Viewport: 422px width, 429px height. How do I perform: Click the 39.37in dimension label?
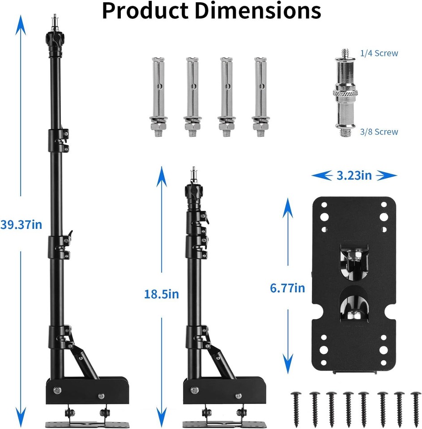point(21,225)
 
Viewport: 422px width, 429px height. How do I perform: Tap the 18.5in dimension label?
point(162,294)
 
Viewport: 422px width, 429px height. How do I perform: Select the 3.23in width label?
point(354,175)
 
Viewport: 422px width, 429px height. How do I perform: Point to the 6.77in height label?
point(287,288)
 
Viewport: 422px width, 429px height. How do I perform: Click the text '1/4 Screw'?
point(379,54)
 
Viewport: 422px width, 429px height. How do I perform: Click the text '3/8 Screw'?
point(379,132)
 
